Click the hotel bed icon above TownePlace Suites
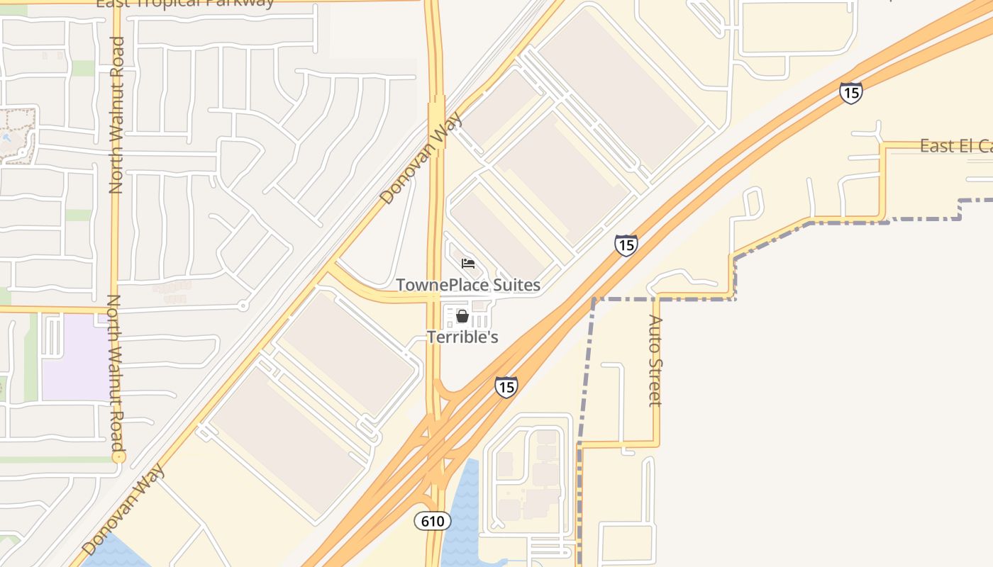tap(467, 264)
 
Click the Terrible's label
tap(462, 337)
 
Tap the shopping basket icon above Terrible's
tap(462, 316)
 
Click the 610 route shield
tap(433, 522)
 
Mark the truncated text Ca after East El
tap(985, 146)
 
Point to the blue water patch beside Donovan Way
tap(113, 553)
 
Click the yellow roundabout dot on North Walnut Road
tap(118, 458)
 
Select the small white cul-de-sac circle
tap(243, 306)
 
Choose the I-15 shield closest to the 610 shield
tap(506, 387)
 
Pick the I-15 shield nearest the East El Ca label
tap(850, 93)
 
